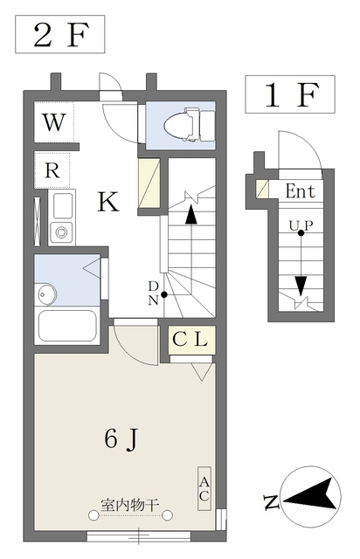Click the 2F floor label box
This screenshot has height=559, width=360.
[59, 34]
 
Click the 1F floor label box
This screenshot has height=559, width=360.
[290, 94]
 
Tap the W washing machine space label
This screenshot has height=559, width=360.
[54, 122]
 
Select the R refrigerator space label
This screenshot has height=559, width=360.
[52, 171]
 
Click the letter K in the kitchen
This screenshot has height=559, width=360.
[108, 202]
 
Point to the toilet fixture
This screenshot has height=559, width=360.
[190, 125]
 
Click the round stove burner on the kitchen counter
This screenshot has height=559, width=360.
[61, 232]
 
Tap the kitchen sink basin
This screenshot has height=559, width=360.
[62, 206]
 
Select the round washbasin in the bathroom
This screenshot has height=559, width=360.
[45, 294]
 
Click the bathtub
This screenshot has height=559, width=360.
[66, 326]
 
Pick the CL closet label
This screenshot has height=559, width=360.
[190, 340]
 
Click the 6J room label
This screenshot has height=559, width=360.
[121, 439]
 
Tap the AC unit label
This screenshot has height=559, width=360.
[204, 488]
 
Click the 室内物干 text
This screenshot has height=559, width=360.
[129, 505]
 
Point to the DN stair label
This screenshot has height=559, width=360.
[153, 293]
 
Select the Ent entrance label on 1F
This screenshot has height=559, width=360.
[301, 191]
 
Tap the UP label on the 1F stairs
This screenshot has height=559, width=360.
[301, 225]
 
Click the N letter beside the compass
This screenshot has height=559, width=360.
[272, 501]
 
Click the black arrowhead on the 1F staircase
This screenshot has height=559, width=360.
[301, 286]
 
